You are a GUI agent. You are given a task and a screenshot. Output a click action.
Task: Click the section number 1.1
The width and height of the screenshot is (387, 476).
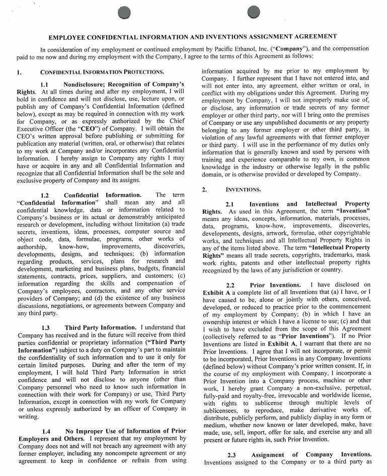pyautogui.click(x=47, y=84)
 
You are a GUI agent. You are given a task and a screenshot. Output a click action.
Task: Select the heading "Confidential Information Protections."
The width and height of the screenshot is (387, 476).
pyautogui.click(x=102, y=72)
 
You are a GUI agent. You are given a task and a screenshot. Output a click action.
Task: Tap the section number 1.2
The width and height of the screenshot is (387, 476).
pyautogui.click(x=47, y=195)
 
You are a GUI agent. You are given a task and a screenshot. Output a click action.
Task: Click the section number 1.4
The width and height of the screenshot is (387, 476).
pyautogui.click(x=47, y=432)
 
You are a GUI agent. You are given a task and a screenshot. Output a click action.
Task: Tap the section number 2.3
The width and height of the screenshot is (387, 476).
pyautogui.click(x=231, y=454)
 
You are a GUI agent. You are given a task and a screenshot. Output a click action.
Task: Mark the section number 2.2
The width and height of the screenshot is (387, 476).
pyautogui.click(x=231, y=285)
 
